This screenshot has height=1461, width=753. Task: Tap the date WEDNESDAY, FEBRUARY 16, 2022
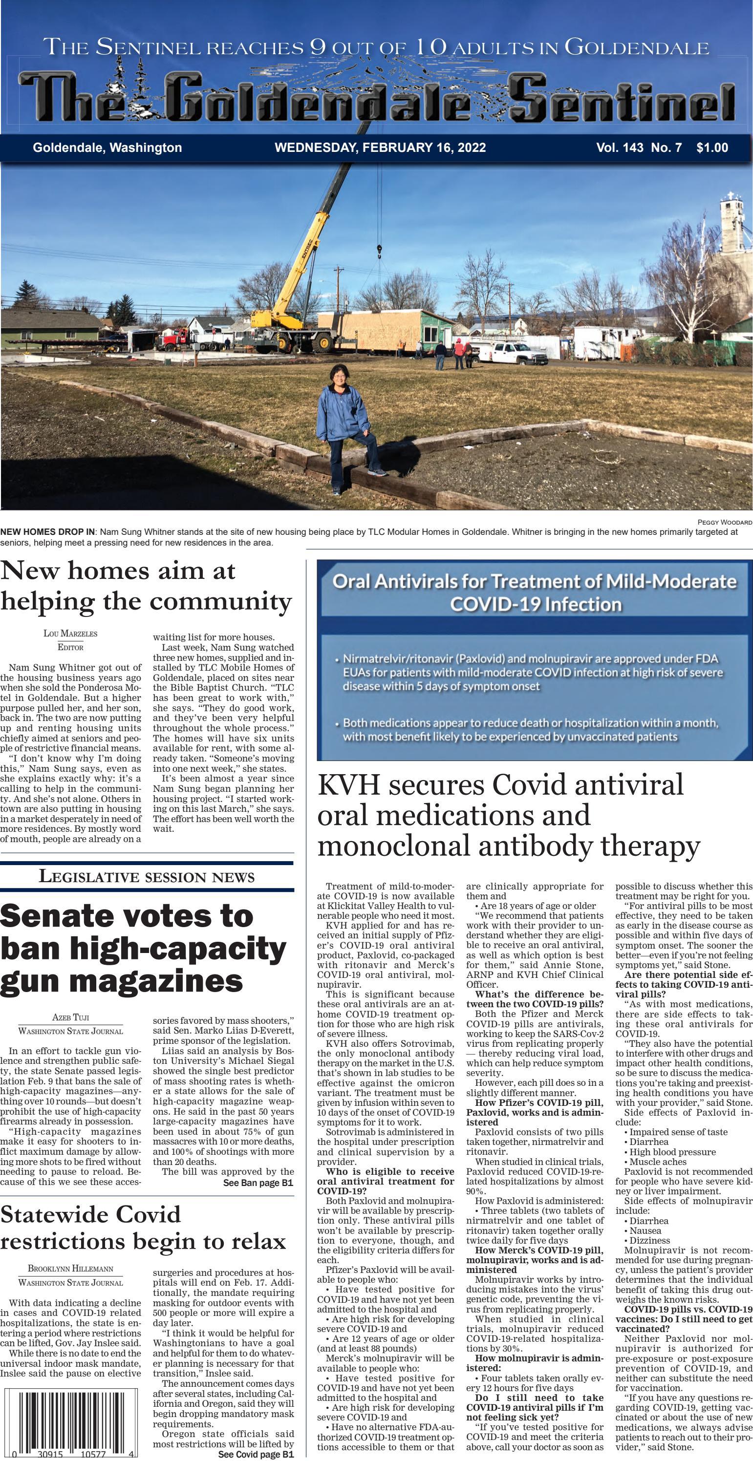tap(380, 148)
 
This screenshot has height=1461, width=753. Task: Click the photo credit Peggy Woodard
tap(724, 522)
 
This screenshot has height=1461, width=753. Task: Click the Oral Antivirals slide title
tap(534, 592)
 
